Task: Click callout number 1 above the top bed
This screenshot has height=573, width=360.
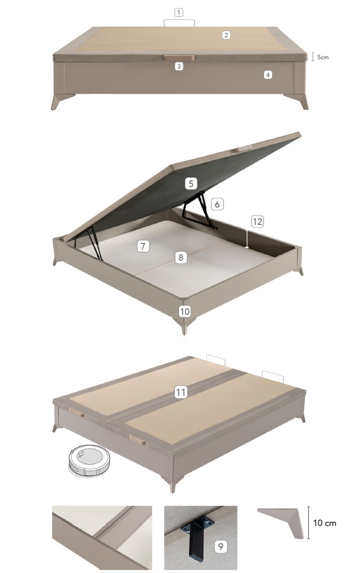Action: pos(178,13)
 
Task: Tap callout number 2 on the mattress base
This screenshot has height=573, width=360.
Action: pos(226,35)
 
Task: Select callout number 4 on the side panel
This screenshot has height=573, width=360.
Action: pos(268,74)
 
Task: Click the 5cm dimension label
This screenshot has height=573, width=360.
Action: pos(322,57)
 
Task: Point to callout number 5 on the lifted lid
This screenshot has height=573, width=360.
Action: pos(191,183)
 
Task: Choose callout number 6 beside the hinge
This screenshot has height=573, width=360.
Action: pos(217,204)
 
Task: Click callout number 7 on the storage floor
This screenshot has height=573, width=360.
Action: pos(143,246)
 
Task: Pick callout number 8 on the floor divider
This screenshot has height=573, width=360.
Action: pos(181,257)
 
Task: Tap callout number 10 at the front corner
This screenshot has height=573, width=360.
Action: pos(184,311)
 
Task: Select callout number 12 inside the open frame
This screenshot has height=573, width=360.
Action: pos(257,221)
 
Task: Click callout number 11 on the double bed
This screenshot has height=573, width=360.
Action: pos(181,392)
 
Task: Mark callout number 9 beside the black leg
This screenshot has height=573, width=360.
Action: pos(220,546)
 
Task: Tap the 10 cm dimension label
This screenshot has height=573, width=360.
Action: pos(325,523)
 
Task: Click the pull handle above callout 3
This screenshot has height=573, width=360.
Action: pos(179,58)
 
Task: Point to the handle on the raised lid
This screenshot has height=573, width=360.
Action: pos(243,148)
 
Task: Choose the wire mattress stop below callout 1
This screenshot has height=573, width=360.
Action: pos(179,22)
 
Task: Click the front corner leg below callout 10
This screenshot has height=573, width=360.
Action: pos(184,325)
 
